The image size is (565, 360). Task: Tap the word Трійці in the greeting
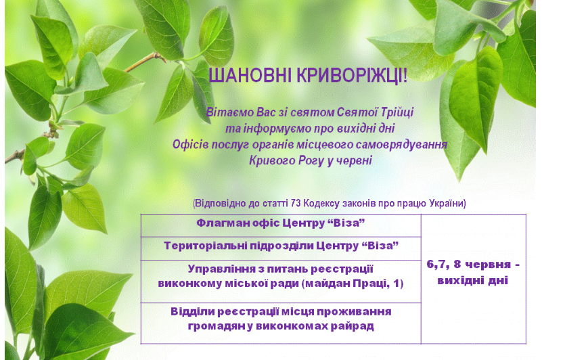click(x=397, y=112)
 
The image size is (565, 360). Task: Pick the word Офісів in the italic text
click(x=191, y=145)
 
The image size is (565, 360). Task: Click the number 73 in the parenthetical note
click(x=296, y=204)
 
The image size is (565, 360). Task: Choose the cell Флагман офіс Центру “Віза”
click(x=281, y=223)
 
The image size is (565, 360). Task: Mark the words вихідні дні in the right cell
click(x=473, y=281)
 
